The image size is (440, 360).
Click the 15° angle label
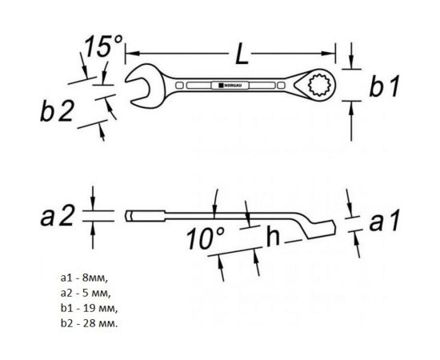point(104,46)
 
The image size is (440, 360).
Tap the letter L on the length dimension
point(242,54)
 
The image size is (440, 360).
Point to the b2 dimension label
point(57,110)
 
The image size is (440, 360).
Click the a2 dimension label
point(58,215)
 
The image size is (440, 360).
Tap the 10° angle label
point(206,238)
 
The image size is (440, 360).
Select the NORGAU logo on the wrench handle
point(230,85)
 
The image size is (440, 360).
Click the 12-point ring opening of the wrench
point(318,85)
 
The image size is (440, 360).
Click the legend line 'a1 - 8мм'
point(84,278)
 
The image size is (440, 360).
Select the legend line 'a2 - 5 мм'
point(86,294)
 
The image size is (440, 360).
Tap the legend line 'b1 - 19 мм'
point(90,309)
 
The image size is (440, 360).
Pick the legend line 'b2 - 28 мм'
point(90,324)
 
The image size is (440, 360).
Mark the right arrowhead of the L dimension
point(328,54)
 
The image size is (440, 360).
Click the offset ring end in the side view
point(319,228)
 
